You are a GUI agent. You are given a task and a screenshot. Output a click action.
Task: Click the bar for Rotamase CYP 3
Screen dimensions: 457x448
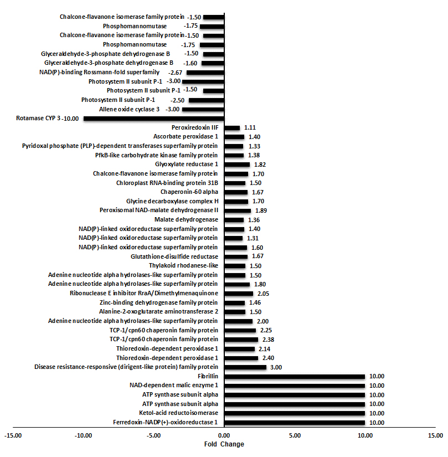click(x=154, y=119)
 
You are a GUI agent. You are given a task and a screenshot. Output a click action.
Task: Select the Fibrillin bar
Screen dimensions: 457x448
click(x=295, y=377)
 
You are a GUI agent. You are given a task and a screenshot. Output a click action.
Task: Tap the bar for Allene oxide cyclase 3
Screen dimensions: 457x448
click(x=203, y=110)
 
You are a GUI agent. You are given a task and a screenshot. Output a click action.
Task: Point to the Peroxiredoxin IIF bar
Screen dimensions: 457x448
click(x=232, y=128)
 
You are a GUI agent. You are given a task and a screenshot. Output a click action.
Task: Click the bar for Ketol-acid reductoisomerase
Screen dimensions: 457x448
click(x=295, y=413)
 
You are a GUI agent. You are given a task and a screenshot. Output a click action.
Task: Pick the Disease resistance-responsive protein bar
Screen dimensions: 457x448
click(x=245, y=367)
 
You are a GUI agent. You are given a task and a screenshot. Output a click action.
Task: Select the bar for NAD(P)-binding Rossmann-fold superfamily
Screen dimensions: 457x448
click(x=205, y=73)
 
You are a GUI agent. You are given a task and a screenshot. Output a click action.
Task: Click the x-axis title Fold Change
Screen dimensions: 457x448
click(x=224, y=444)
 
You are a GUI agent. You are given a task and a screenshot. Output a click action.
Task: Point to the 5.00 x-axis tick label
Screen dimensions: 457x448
click(x=295, y=435)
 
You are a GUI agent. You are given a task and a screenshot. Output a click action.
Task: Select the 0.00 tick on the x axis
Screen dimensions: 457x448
click(x=224, y=435)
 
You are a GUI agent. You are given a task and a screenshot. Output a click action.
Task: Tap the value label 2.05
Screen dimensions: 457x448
click(x=264, y=294)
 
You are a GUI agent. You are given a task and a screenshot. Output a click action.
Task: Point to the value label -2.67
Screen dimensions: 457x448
click(x=175, y=73)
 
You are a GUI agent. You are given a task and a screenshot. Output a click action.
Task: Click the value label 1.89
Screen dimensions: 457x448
click(x=261, y=210)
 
